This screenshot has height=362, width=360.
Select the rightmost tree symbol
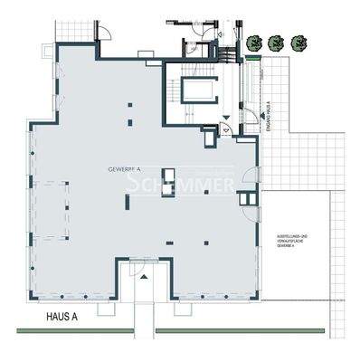tap(299, 42)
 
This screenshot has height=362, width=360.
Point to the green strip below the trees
tap(279, 58)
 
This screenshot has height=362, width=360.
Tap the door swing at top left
tap(107, 40)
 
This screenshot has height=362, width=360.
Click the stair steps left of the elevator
tap(172, 90)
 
